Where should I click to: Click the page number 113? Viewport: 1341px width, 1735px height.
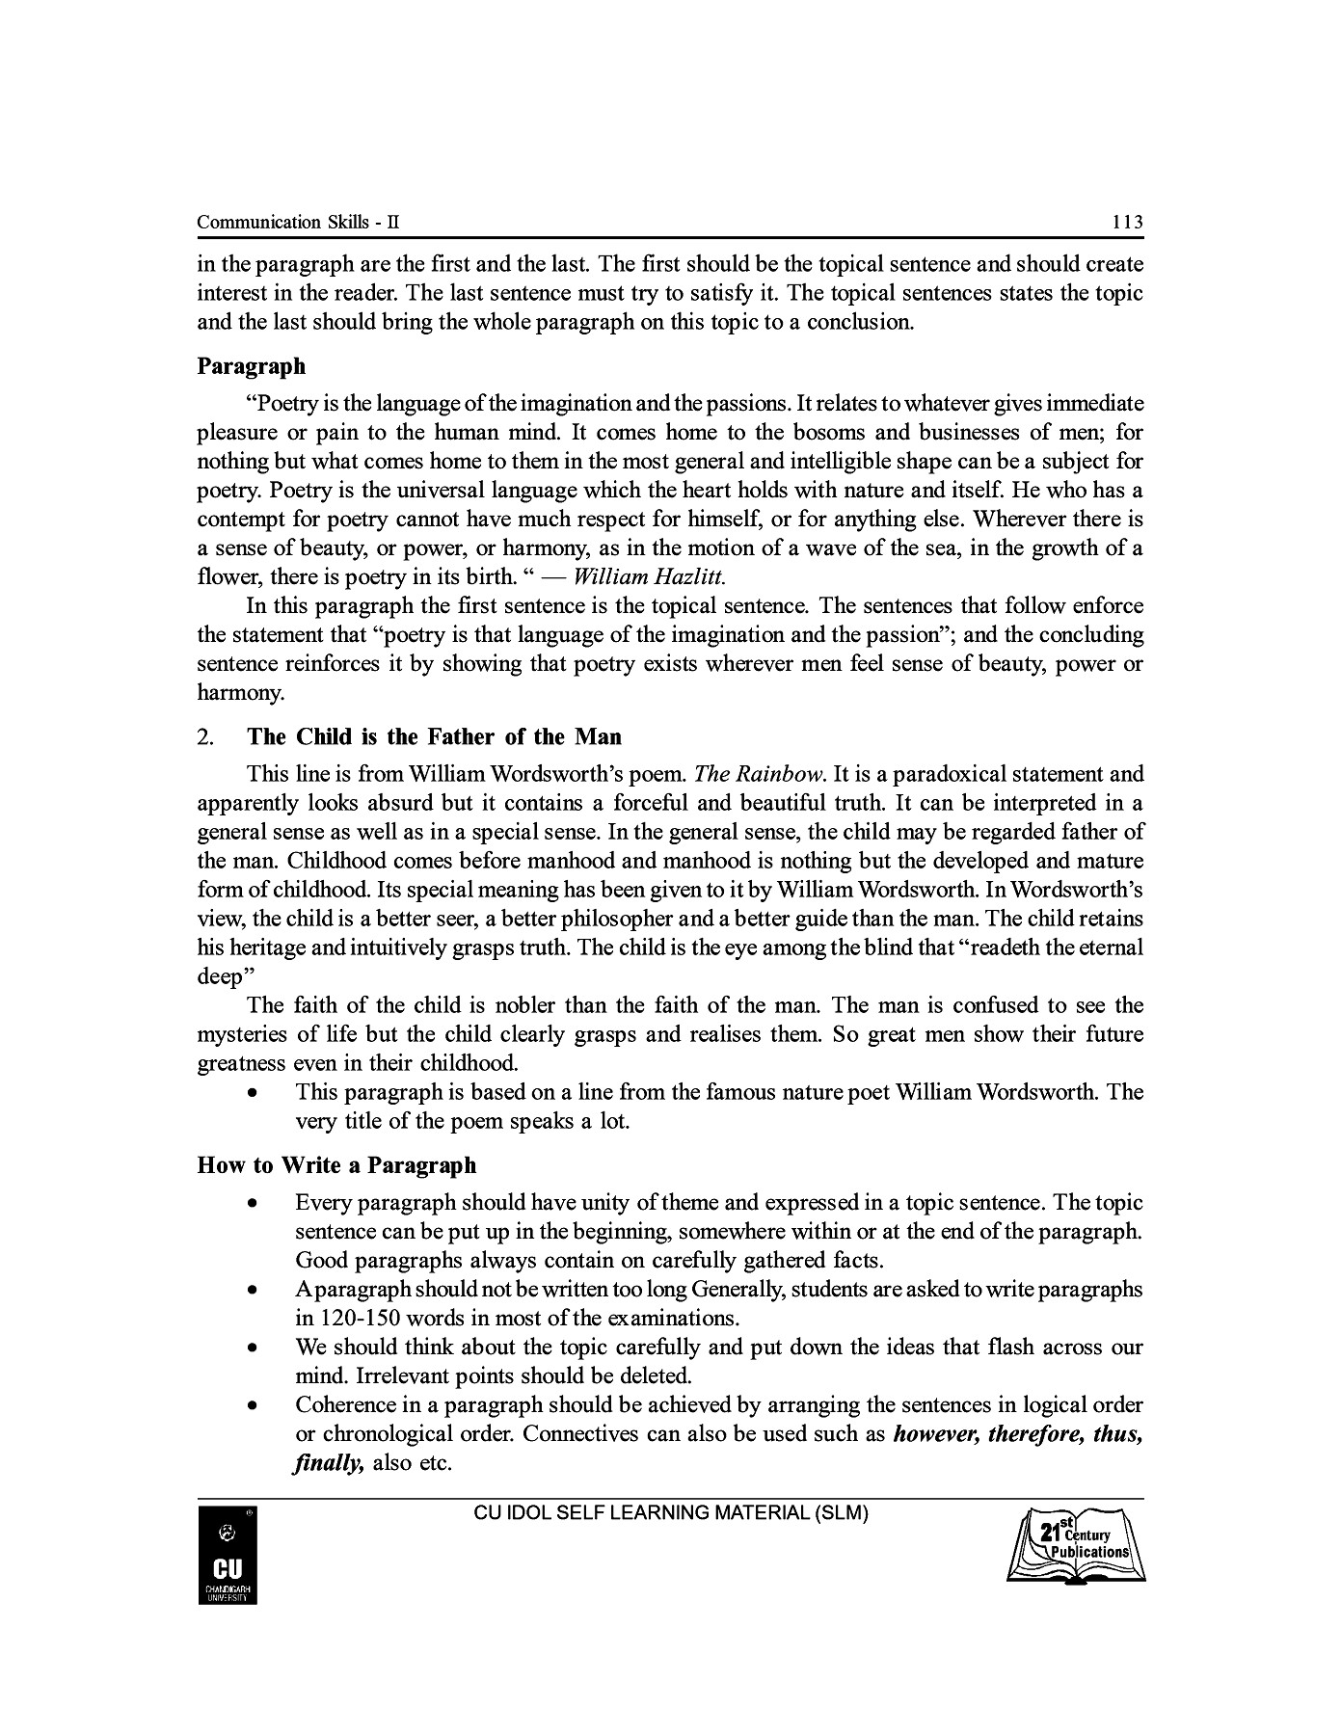coord(1126,223)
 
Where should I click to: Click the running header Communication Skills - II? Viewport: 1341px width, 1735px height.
coord(298,223)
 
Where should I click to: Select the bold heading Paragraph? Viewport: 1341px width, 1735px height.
coord(251,366)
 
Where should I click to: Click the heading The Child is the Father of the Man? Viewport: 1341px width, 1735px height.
coord(434,737)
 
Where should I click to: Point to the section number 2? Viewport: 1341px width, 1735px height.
coord(205,737)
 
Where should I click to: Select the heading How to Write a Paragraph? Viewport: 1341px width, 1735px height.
coord(336,1165)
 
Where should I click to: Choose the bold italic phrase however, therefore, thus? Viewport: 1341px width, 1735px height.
coord(1018,1433)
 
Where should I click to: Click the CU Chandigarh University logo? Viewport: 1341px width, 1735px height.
coord(228,1556)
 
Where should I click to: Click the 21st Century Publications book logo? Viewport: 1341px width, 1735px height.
coord(1076,1548)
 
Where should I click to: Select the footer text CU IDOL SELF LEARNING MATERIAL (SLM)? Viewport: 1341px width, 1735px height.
coord(671,1513)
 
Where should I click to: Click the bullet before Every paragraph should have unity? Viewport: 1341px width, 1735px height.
coord(252,1204)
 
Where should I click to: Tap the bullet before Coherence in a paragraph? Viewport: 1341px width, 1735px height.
coord(252,1405)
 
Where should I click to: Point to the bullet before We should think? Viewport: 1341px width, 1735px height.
coord(252,1348)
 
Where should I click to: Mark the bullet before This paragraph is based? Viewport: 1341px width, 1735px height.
coord(252,1093)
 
